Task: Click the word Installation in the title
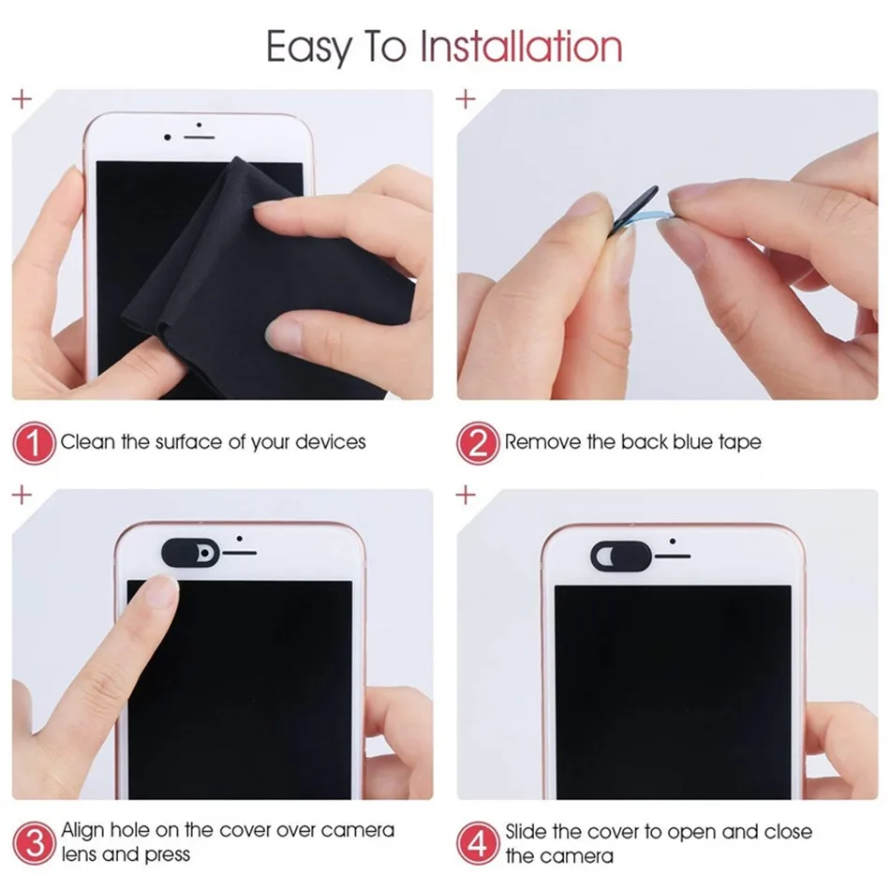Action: (520, 46)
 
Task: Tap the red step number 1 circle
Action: (35, 442)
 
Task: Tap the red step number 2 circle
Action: (479, 442)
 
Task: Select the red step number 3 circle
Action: (35, 842)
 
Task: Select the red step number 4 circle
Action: (479, 842)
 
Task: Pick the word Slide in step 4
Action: (527, 831)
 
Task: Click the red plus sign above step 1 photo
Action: (21, 97)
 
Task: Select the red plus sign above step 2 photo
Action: (466, 97)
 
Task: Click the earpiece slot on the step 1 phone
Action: (200, 137)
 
